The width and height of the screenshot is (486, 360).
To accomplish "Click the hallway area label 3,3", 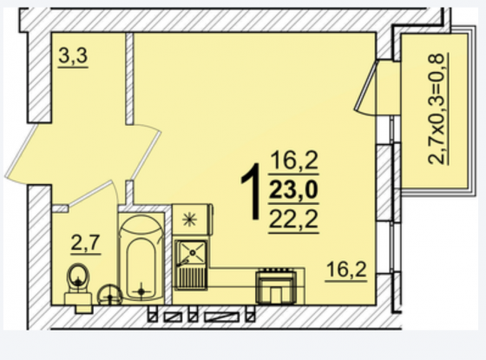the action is point(73,56).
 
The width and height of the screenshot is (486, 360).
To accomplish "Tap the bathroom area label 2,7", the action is point(85,243).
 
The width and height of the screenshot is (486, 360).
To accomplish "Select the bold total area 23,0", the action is point(293,190).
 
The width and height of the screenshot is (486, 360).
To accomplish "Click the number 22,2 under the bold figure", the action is point(293,219).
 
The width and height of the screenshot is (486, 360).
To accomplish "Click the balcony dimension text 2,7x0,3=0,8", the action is point(437,108).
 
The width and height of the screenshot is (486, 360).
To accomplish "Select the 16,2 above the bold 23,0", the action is point(294,160).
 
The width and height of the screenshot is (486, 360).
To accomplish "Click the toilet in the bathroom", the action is point(78,287).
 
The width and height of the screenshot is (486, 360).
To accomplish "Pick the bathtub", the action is point(141,258).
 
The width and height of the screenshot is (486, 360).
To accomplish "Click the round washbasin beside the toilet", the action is point(109,296).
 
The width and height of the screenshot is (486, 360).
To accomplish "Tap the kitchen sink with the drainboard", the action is point(191,265).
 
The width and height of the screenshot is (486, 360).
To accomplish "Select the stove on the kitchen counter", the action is point(276,287).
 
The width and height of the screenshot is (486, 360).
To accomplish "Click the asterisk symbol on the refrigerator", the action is point(189,219).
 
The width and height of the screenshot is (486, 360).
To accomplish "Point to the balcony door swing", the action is point(366,88).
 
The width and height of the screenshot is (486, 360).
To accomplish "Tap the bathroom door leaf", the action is point(90,193).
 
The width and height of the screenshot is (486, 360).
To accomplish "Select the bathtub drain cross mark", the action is point(141,291).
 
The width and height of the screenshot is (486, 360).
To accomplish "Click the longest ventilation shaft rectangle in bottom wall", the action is point(222,317).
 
